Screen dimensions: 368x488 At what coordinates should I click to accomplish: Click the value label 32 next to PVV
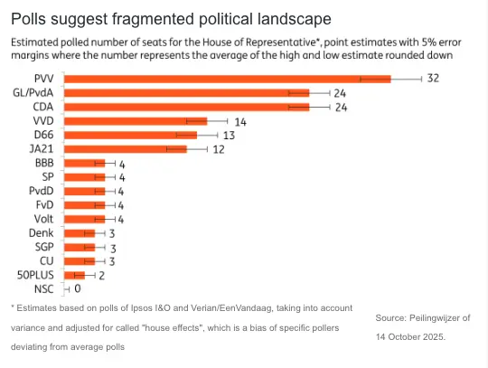click(x=433, y=79)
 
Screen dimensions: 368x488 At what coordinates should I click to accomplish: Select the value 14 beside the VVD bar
click(x=240, y=121)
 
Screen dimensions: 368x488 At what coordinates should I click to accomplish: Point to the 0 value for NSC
click(x=78, y=288)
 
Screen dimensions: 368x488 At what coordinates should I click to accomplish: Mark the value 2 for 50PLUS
click(x=102, y=275)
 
